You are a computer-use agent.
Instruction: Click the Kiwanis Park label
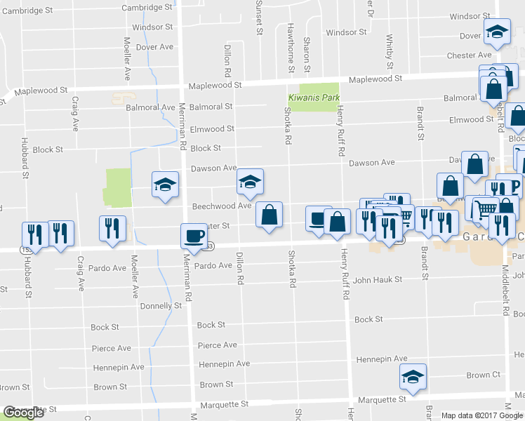(x=314, y=98)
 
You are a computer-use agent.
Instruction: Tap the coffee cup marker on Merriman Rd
(x=194, y=236)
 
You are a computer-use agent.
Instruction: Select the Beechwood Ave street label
(x=221, y=206)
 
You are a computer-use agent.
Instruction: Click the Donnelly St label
(x=161, y=306)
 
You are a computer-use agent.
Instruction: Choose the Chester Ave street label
(x=469, y=55)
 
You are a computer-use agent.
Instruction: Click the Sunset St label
(x=258, y=18)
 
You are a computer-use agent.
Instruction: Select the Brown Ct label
(x=483, y=375)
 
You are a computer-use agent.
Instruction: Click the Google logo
(x=23, y=413)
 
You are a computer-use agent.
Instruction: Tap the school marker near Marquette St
(x=414, y=376)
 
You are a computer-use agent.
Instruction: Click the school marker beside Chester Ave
(x=497, y=32)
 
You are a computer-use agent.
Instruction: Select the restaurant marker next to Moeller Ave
(x=112, y=228)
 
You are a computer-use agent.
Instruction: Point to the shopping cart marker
(x=481, y=208)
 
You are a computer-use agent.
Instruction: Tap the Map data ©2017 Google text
(x=481, y=415)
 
